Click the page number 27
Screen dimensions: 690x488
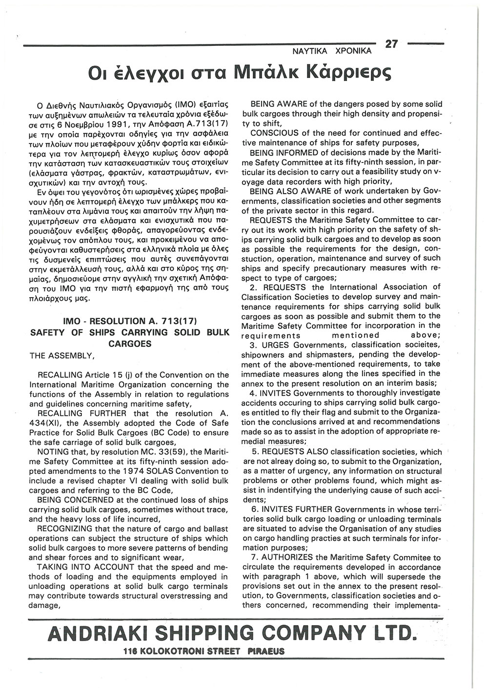tap(391, 44)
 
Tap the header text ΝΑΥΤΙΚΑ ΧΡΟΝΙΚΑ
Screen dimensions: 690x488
tap(332, 51)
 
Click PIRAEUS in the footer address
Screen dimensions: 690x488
tap(266, 651)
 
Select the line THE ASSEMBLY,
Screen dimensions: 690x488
tap(62, 357)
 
